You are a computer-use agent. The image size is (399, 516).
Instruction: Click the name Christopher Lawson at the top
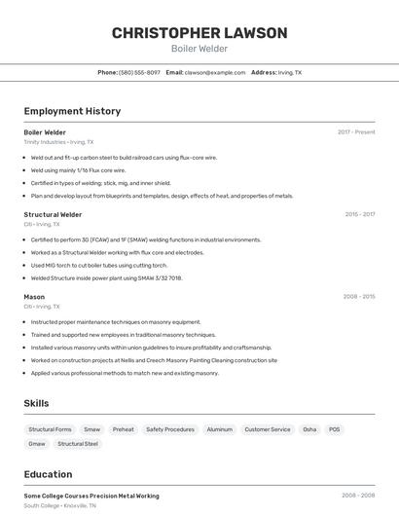tap(199, 33)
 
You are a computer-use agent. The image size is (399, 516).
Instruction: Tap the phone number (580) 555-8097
tap(139, 72)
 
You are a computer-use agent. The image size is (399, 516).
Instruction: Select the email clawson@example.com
tap(215, 72)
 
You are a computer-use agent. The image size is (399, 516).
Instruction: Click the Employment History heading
tap(72, 111)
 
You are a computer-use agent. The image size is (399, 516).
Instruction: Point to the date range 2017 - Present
tap(356, 132)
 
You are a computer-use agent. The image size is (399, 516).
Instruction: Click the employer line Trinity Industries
tap(58, 142)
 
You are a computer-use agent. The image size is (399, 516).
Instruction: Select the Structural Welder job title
tap(53, 214)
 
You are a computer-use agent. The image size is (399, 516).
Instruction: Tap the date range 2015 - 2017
tap(359, 214)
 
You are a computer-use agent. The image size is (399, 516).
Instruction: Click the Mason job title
tap(34, 296)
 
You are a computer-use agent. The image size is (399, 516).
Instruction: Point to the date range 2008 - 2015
tap(359, 296)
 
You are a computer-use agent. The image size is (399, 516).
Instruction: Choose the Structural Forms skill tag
tap(50, 429)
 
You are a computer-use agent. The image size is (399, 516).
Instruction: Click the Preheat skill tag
tap(124, 429)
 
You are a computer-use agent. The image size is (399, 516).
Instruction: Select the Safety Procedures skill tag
tap(170, 429)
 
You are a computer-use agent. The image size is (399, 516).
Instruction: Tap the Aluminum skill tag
tap(220, 429)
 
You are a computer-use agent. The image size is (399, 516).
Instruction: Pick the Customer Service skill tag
tap(268, 429)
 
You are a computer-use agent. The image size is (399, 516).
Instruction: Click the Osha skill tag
tap(309, 429)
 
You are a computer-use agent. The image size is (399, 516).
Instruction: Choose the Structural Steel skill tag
tap(78, 444)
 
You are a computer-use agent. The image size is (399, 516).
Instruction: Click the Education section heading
tap(48, 474)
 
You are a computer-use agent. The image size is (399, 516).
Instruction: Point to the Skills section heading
tap(36, 403)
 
